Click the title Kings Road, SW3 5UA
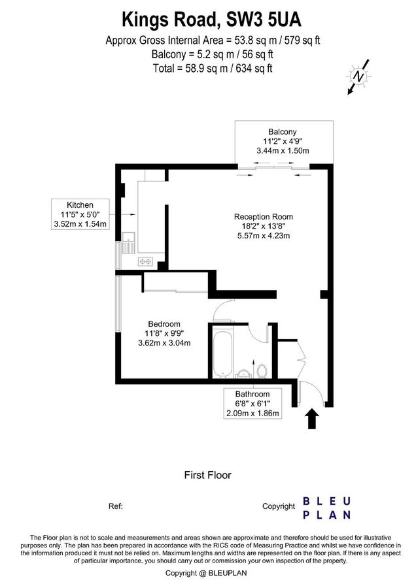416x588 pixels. click(x=207, y=17)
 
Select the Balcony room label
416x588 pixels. click(x=282, y=130)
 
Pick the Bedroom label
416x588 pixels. click(x=164, y=324)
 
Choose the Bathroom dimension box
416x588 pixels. click(x=252, y=404)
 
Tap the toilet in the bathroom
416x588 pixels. click(x=262, y=370)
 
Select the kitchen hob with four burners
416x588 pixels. click(x=145, y=261)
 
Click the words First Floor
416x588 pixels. click(x=207, y=475)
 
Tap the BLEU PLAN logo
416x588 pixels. click(x=326, y=508)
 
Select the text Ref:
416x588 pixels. click(x=115, y=506)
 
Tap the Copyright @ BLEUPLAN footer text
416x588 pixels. click(x=207, y=573)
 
